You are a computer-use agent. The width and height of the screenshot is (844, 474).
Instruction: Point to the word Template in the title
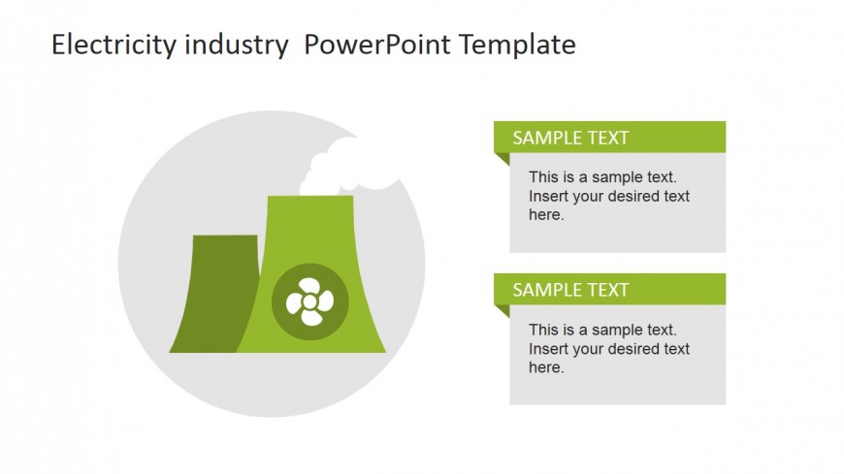tap(517, 45)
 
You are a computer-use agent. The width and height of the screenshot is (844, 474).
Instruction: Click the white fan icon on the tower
tap(308, 301)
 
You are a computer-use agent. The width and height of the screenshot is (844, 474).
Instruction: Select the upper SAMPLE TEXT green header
tap(609, 138)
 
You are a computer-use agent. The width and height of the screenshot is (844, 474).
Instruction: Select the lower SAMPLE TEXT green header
tap(609, 290)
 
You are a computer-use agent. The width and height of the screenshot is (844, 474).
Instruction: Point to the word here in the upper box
tap(545, 215)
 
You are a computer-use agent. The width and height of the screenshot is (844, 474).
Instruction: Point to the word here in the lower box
tap(545, 367)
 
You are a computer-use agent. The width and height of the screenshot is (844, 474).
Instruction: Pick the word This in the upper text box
tap(543, 177)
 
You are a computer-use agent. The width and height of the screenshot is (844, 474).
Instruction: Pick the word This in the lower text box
tap(543, 330)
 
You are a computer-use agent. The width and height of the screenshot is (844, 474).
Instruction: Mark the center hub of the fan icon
tap(308, 302)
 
